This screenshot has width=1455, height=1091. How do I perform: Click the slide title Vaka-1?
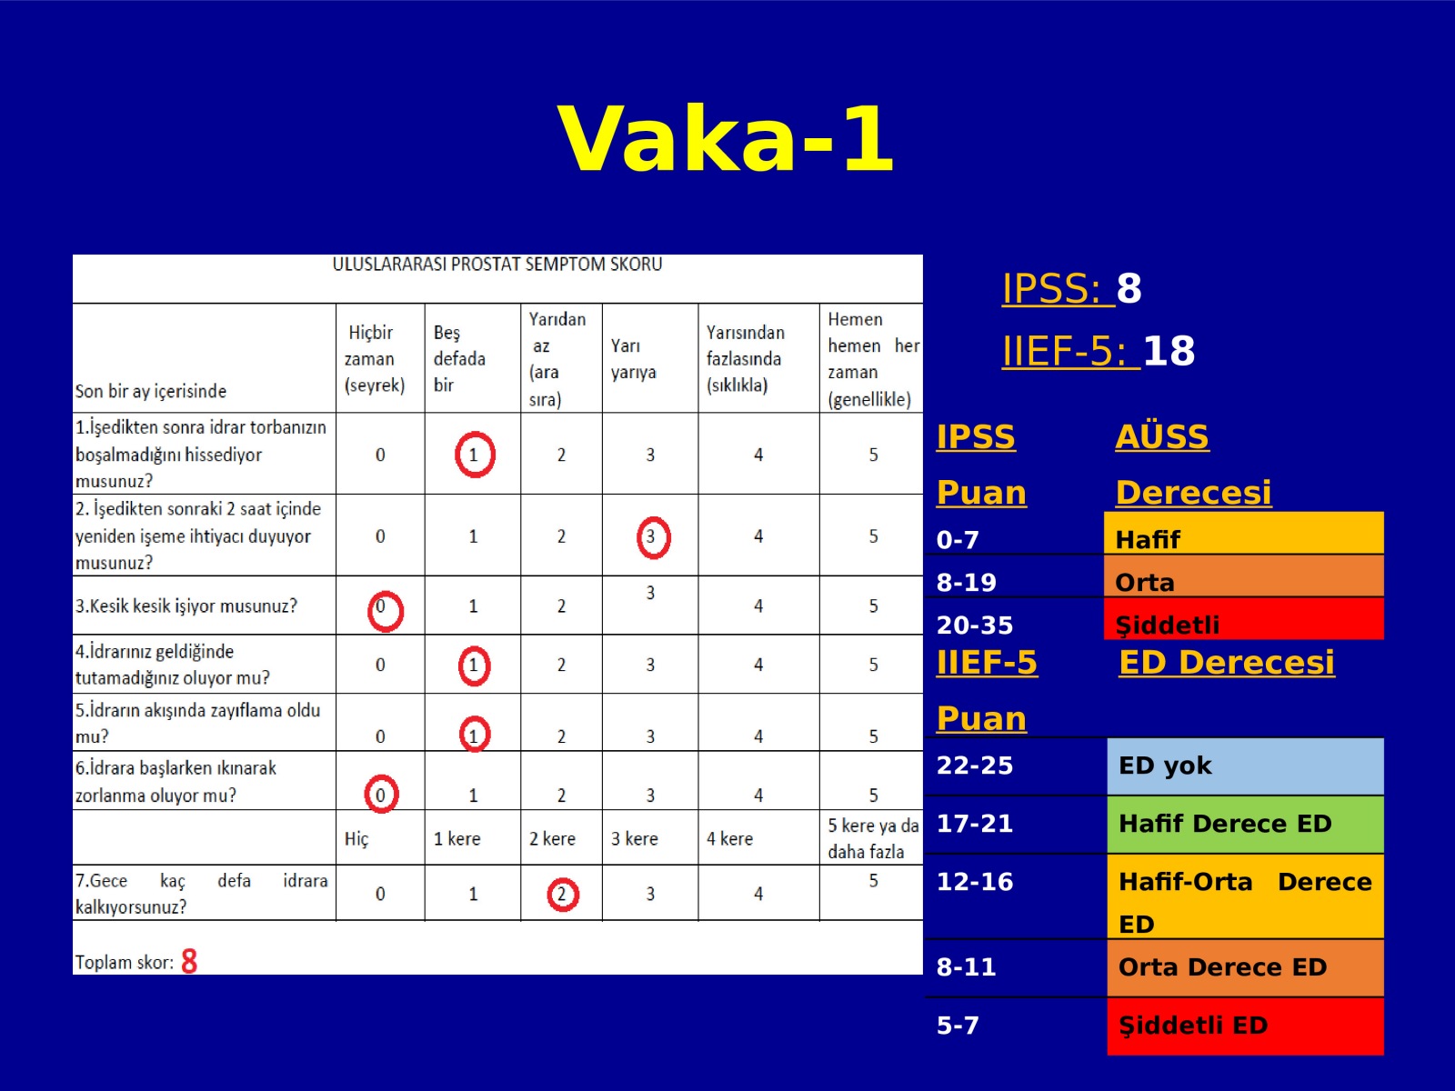coord(726,139)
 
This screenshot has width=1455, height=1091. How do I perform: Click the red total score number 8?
coord(189,960)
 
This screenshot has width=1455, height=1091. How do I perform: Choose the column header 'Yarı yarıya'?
coord(633,358)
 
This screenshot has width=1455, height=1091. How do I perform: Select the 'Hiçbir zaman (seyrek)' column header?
coord(375,358)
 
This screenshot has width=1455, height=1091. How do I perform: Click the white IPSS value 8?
coord(1129,288)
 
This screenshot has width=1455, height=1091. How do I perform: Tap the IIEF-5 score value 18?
coord(1169,350)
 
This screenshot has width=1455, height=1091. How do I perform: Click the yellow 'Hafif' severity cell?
coord(1243,533)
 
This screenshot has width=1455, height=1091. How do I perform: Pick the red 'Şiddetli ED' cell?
coord(1246,1026)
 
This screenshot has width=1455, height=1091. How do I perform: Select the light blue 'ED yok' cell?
coord(1246,766)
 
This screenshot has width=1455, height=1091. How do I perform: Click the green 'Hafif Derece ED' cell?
coord(1246,825)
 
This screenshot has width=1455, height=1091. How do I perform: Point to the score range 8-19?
coord(966,582)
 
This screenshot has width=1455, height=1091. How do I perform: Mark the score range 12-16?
coord(975,882)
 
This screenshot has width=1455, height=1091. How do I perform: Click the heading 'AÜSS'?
coord(1162,435)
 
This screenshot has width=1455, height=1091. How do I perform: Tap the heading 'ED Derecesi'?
coord(1227,663)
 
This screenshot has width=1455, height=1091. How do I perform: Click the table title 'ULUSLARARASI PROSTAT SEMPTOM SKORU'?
coord(497,265)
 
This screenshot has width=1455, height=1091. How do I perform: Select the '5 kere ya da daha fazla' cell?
coord(872,838)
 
